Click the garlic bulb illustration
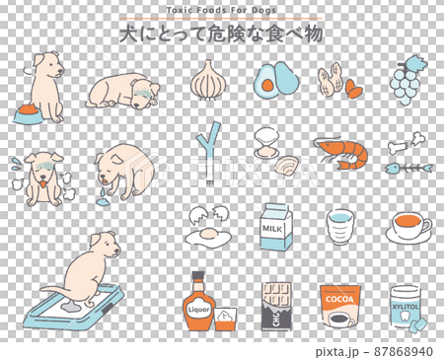pos(207,79)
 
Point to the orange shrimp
pos(340,152)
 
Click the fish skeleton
pos(408,169)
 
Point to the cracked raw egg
pos(207,228)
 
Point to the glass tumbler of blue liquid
pos(340,228)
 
